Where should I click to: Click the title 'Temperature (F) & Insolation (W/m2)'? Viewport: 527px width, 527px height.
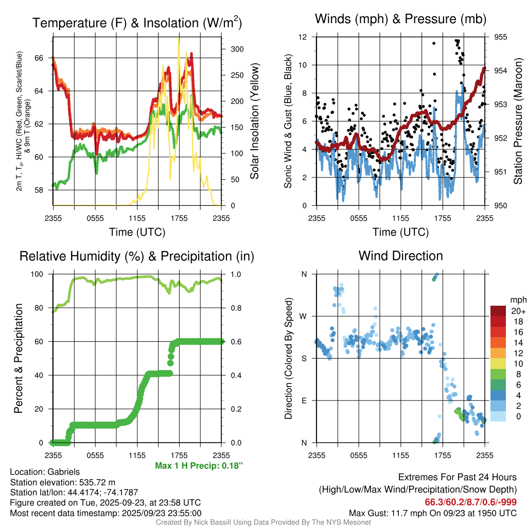tap(137, 23)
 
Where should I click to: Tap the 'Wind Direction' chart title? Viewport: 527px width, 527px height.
tap(400, 256)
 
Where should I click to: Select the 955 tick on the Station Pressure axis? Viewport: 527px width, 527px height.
tap(500, 37)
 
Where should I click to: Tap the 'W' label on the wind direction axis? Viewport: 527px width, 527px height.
tap(304, 316)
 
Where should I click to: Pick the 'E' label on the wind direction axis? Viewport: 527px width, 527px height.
tap(304, 400)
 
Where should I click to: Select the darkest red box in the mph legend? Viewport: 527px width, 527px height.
tap(499, 311)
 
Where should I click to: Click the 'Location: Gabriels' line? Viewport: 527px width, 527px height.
tap(45, 472)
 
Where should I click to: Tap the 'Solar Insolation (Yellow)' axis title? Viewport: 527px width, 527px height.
tap(254, 121)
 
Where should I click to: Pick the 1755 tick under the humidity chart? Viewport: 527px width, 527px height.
tap(179, 455)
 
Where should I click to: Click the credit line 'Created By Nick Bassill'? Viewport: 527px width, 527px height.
tap(263, 522)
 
